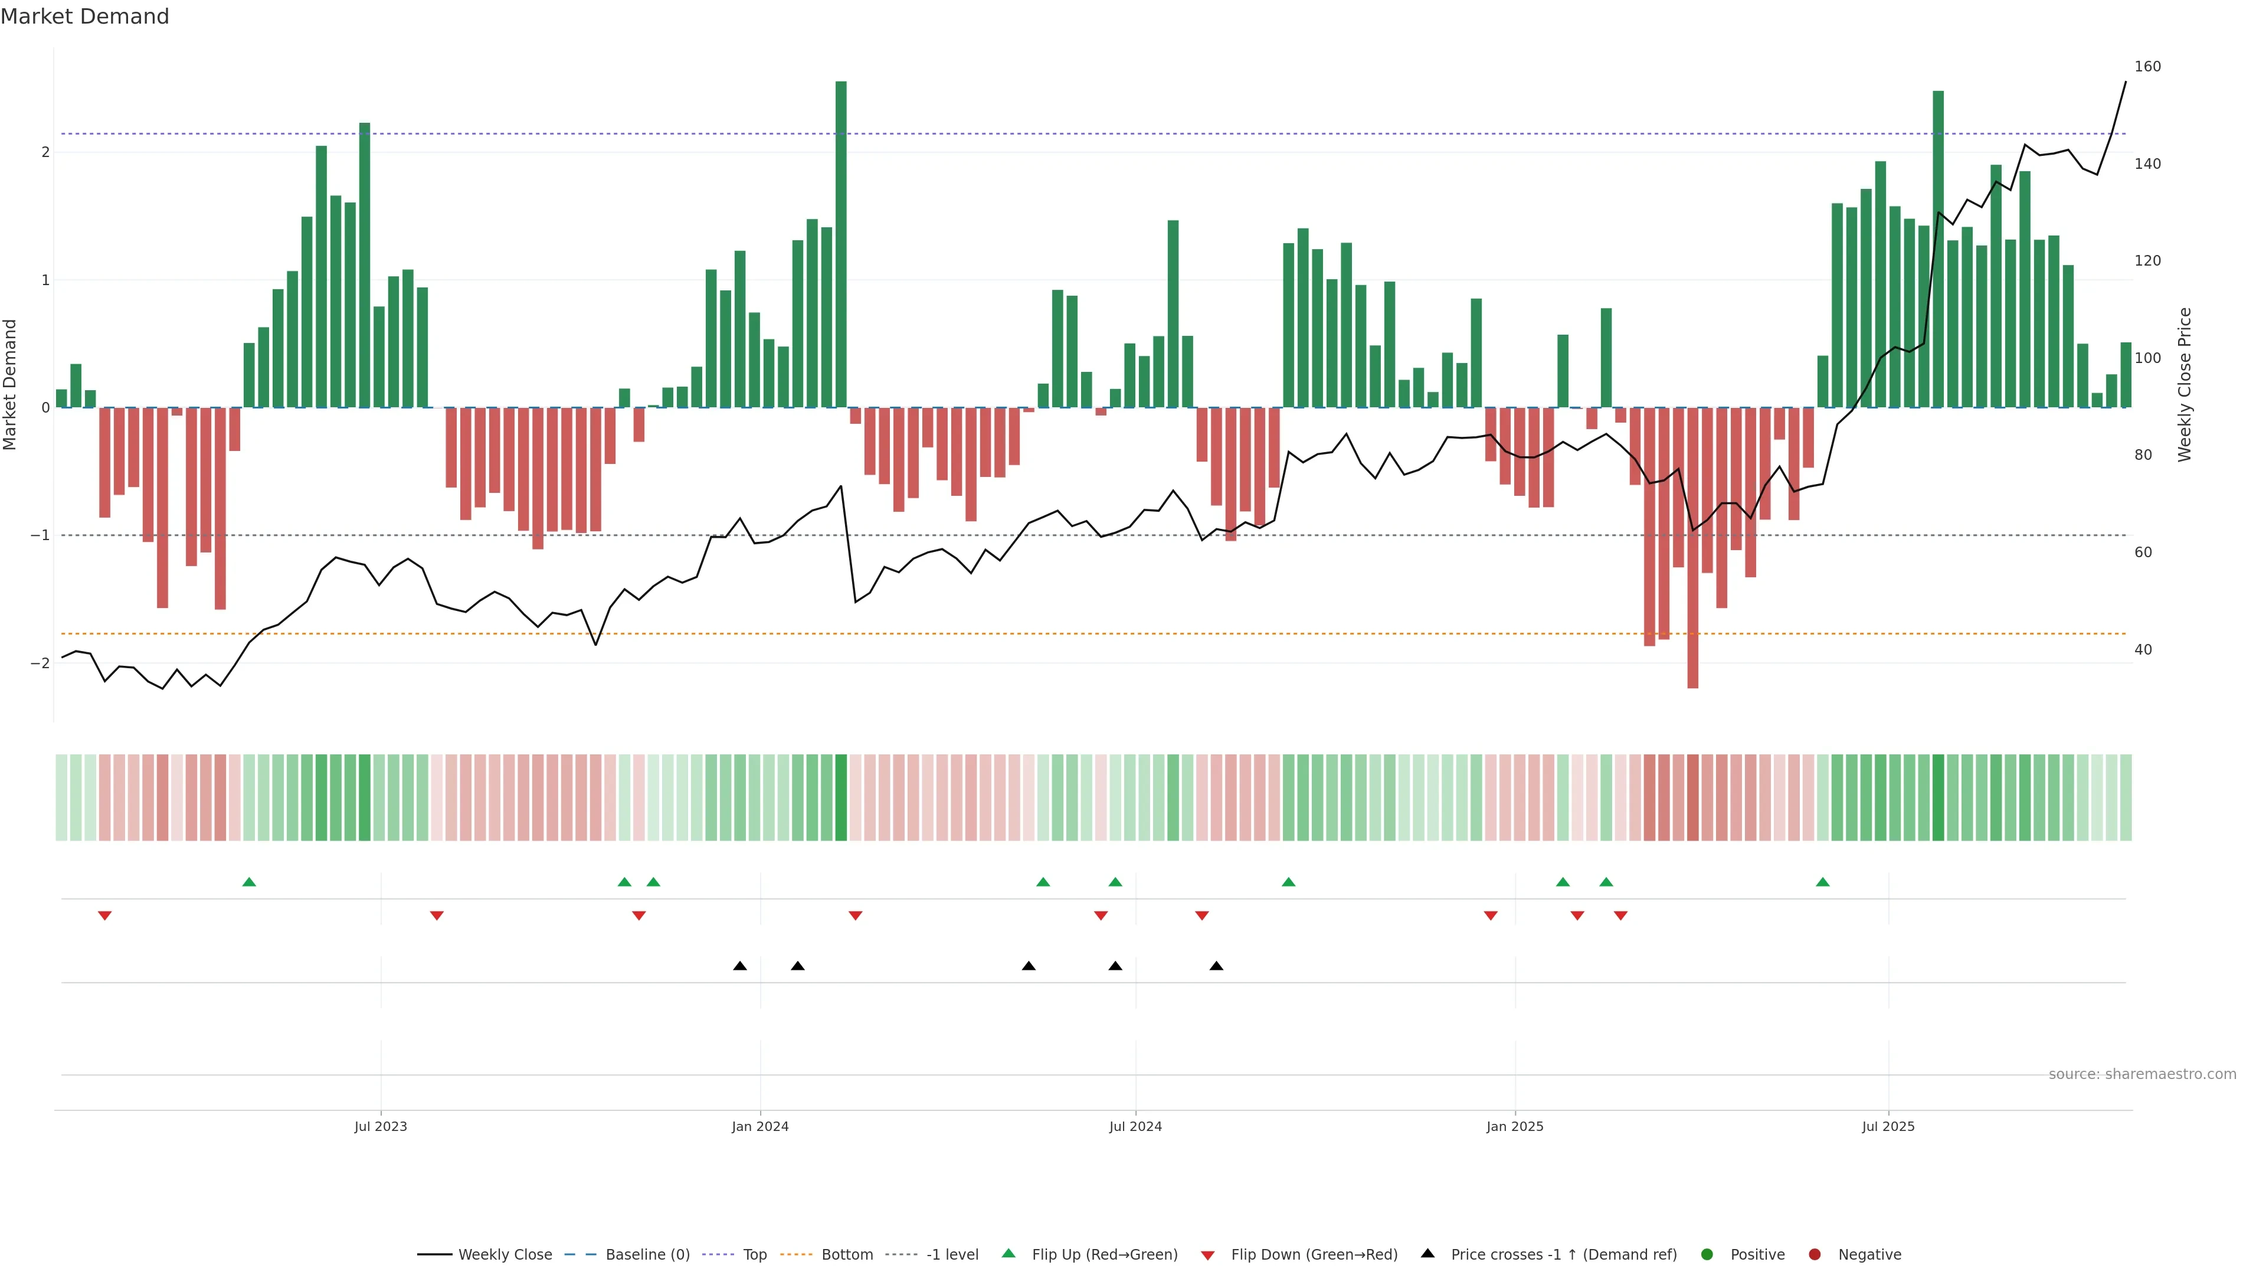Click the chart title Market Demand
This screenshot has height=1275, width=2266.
point(84,17)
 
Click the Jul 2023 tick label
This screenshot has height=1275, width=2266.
point(380,1126)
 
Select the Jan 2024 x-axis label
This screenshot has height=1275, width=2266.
point(760,1126)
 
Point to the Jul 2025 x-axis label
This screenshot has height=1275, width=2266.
point(1888,1126)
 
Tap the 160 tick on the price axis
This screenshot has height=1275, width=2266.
point(2147,67)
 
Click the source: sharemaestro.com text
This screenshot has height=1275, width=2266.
point(2142,1074)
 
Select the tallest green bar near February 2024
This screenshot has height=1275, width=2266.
point(841,244)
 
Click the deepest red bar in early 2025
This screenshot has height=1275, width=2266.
point(1692,547)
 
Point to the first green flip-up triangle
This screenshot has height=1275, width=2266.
point(249,882)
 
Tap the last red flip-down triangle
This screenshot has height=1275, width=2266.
point(1620,916)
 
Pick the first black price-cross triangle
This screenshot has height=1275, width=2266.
point(740,966)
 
